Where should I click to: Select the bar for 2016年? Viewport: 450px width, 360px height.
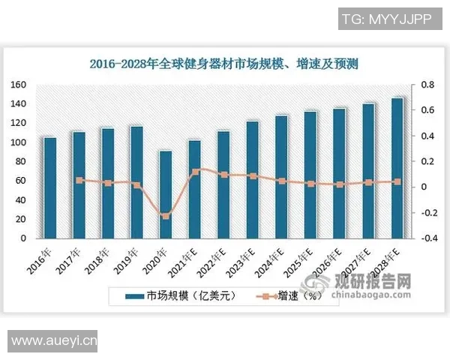[50, 187]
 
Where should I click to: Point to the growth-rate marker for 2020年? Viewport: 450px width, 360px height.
[166, 216]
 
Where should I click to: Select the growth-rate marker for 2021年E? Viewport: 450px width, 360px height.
[195, 171]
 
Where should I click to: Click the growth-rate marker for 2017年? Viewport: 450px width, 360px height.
[79, 180]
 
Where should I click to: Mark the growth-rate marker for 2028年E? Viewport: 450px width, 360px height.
[397, 181]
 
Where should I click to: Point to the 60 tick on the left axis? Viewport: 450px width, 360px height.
[21, 181]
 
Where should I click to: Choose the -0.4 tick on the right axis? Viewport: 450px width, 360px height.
[426, 238]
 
